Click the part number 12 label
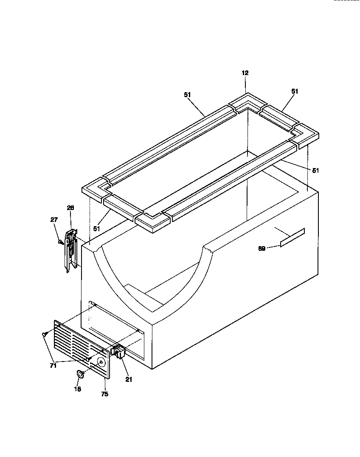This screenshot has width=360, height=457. pyautogui.click(x=245, y=73)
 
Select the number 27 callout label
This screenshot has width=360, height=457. pyautogui.click(x=54, y=220)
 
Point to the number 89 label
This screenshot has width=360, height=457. pyautogui.click(x=262, y=249)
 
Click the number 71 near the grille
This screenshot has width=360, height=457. pyautogui.click(x=53, y=366)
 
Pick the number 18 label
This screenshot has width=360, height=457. pyautogui.click(x=78, y=389)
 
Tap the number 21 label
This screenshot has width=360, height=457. pyautogui.click(x=129, y=380)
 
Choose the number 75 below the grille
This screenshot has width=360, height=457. pyautogui.click(x=105, y=394)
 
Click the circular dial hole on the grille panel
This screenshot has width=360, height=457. pyautogui.click(x=102, y=362)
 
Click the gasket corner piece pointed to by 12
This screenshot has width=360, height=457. pyautogui.click(x=246, y=102)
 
